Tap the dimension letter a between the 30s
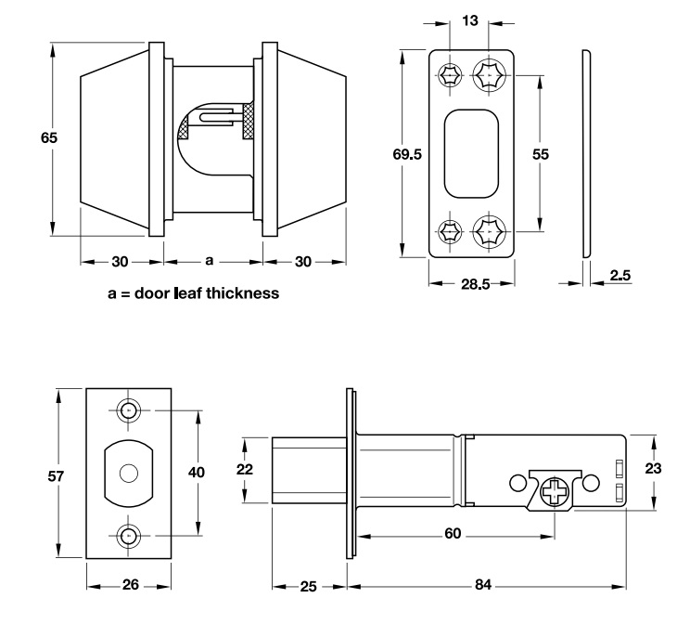click(209, 261)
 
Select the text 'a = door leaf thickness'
click(193, 294)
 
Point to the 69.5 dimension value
click(407, 155)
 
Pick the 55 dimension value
click(541, 154)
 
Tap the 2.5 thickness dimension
click(621, 275)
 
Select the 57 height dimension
click(55, 476)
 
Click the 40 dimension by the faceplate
click(196, 472)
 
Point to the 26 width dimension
click(131, 585)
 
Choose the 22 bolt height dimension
click(245, 470)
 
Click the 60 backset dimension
click(453, 534)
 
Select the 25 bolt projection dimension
click(309, 585)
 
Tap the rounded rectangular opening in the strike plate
click(470, 152)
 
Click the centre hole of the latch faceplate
click(128, 474)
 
